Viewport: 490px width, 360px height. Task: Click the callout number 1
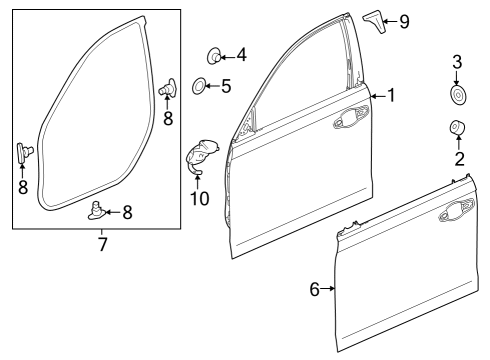(x=391, y=95)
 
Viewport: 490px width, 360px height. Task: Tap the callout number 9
(x=404, y=22)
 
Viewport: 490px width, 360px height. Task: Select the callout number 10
(x=199, y=198)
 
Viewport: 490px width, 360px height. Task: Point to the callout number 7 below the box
(x=102, y=244)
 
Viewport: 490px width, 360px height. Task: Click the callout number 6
(x=315, y=289)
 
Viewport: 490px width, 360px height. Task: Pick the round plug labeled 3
(x=457, y=95)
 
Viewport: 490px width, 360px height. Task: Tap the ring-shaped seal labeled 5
(x=199, y=86)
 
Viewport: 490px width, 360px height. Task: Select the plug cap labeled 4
(x=214, y=56)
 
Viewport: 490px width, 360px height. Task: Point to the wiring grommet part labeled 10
(x=200, y=156)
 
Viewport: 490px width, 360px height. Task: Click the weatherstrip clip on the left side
(x=24, y=153)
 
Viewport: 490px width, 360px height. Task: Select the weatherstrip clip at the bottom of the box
(x=98, y=211)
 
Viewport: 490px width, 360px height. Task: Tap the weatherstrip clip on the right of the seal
(x=168, y=88)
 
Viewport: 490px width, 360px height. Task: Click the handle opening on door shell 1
(x=351, y=117)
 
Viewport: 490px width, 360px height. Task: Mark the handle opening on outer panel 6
(x=457, y=211)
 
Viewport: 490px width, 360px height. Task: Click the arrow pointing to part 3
(x=456, y=78)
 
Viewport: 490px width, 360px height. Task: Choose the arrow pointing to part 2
(x=458, y=142)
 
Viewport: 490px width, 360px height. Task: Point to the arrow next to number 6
(x=327, y=288)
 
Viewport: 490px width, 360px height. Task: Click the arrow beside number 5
(x=213, y=86)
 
